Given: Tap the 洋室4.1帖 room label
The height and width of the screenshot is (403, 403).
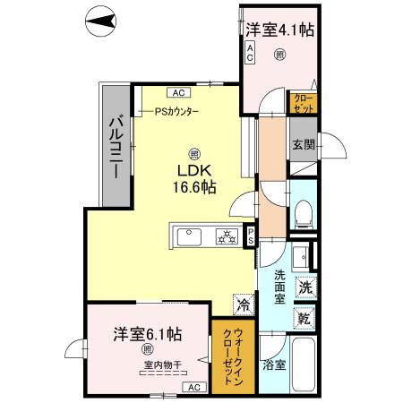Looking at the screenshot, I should pos(279,30).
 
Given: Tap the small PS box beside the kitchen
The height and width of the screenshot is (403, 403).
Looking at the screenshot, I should pos(251,236).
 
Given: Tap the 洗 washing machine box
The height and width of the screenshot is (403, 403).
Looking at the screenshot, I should pos(305,288).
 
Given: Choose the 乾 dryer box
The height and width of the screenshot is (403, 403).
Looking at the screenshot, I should pos(305,318).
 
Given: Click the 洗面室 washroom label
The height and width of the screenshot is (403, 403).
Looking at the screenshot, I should pos(279,288).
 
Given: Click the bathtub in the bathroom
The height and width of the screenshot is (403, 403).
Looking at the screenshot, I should pos(304,368).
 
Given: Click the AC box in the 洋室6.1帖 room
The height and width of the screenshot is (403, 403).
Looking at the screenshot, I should pos(193,387).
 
